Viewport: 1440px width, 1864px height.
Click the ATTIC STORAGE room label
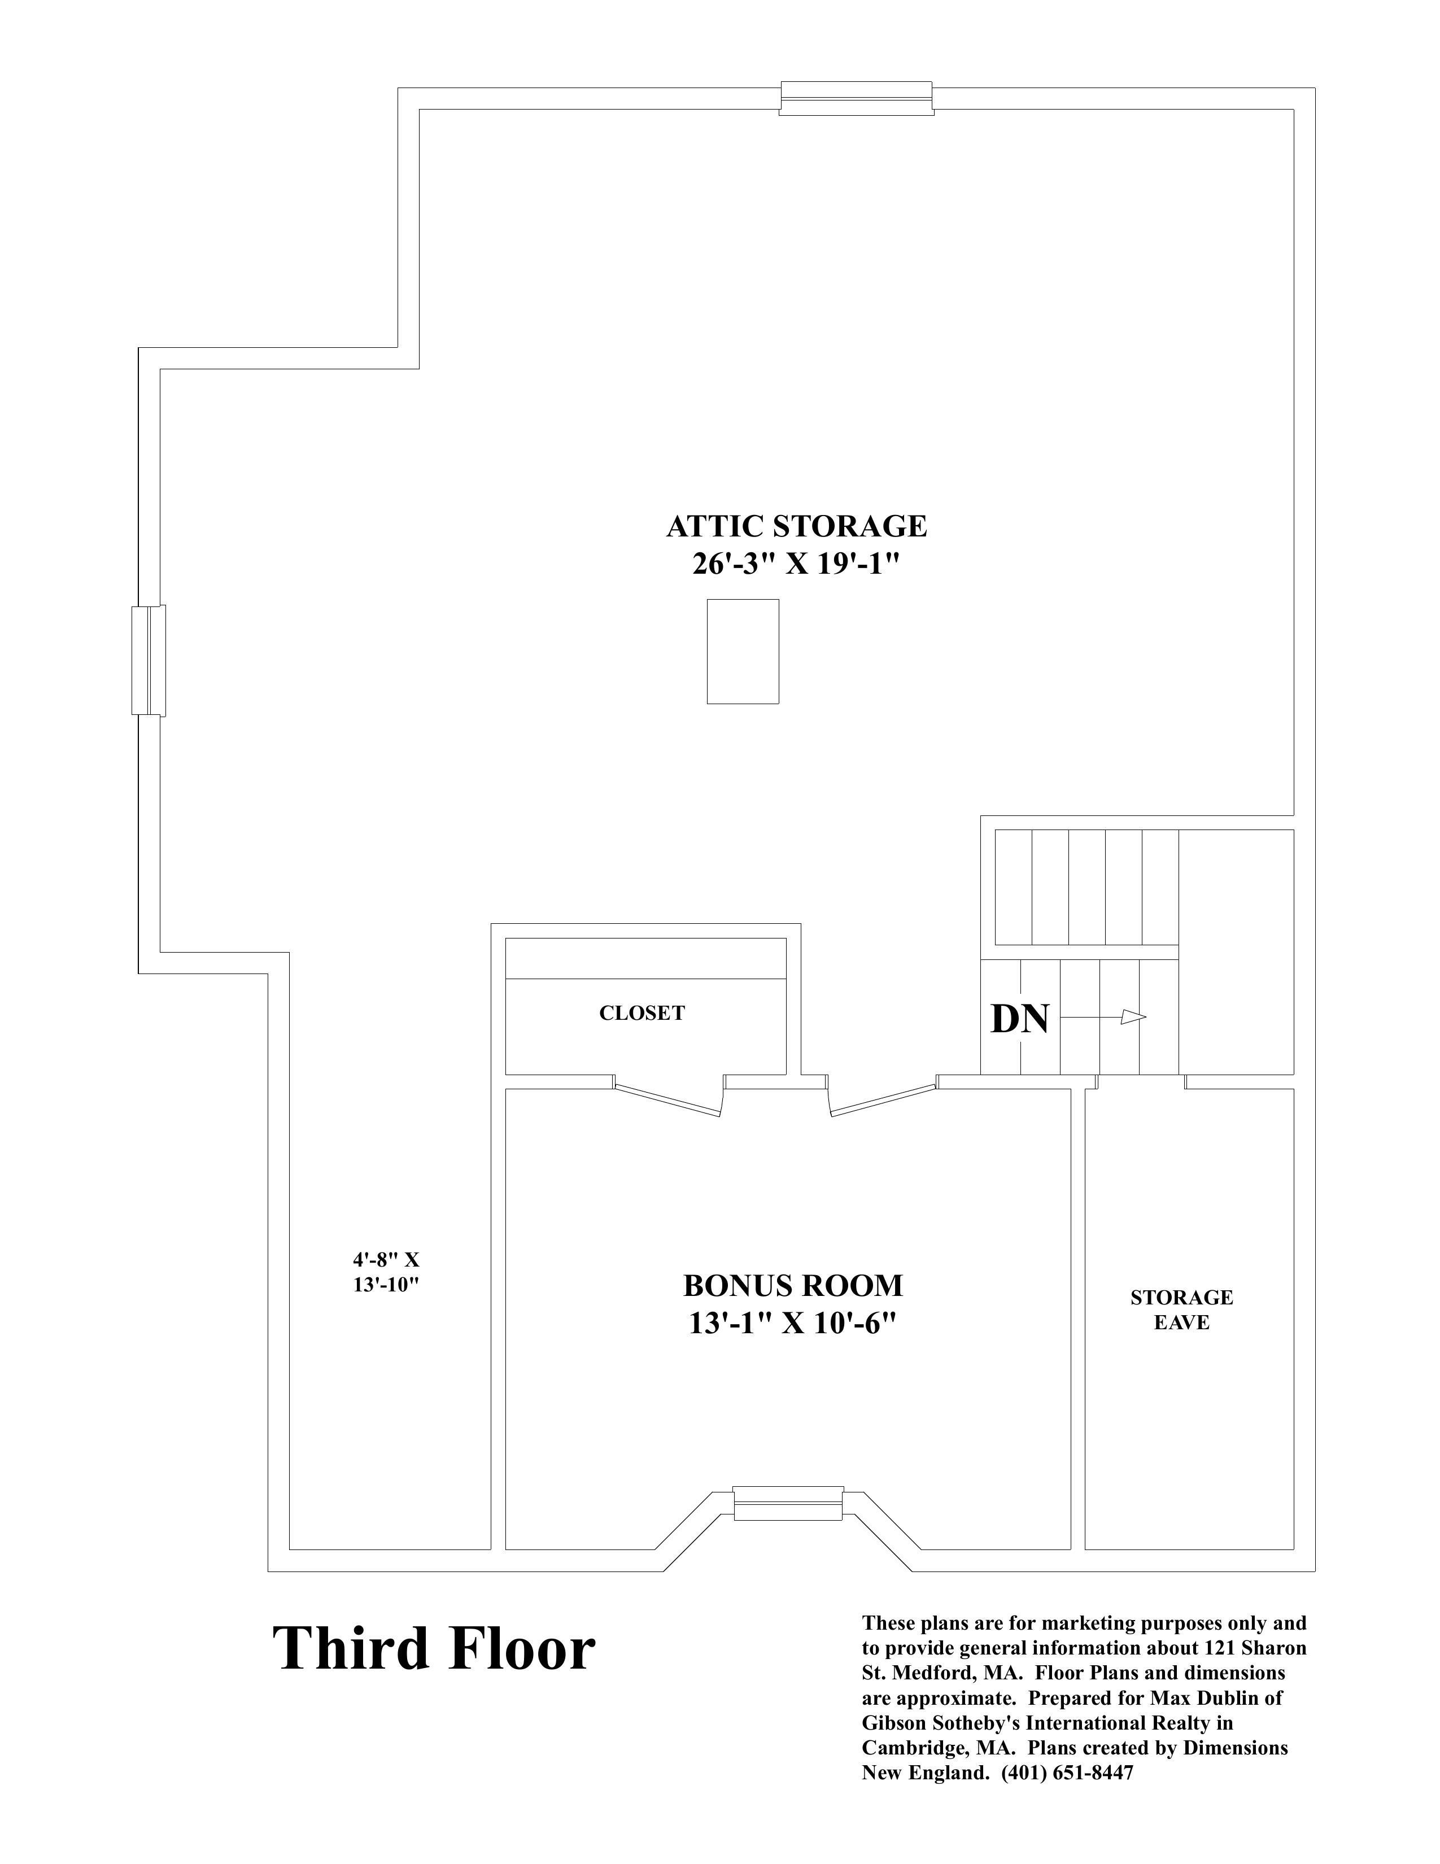[796, 526]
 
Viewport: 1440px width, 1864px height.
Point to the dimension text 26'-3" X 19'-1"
[796, 564]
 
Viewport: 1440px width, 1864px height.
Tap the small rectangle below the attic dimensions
[743, 651]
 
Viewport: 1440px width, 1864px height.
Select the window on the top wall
[856, 98]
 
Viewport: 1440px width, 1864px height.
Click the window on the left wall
[149, 660]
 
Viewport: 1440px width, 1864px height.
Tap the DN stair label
[1019, 1019]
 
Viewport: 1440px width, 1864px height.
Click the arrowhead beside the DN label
[1133, 1016]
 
